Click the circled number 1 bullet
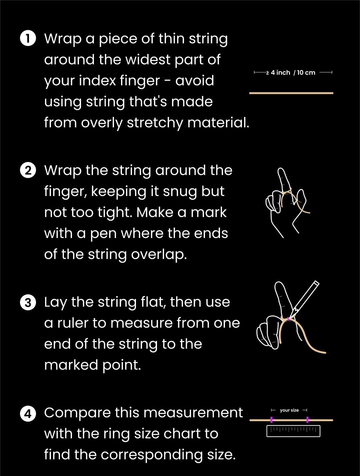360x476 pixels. click(28, 38)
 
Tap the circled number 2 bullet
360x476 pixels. click(28, 170)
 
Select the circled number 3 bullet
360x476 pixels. click(28, 302)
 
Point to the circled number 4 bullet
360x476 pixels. click(28, 414)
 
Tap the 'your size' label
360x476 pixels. click(289, 410)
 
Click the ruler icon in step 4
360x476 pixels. click(293, 431)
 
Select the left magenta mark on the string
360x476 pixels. click(271, 420)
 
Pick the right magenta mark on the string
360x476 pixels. click(307, 420)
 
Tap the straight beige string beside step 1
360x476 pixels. click(291, 93)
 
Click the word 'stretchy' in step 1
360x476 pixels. click(155, 123)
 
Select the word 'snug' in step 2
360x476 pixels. click(180, 192)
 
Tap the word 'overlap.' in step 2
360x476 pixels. click(159, 255)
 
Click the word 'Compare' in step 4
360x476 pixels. click(77, 413)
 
